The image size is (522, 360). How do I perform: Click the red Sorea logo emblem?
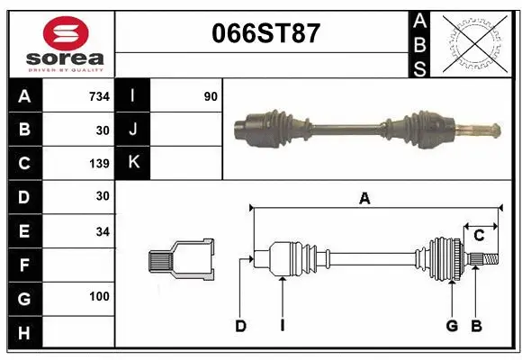click(66, 33)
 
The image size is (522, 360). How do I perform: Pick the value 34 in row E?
click(103, 231)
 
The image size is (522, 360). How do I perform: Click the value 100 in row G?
click(100, 297)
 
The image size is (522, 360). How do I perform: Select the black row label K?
click(134, 163)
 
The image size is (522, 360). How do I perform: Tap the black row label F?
click(24, 265)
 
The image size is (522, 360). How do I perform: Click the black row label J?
click(134, 130)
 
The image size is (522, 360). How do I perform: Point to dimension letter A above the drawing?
click(364, 199)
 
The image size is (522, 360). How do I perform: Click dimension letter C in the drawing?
click(479, 236)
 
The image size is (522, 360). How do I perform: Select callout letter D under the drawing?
click(240, 326)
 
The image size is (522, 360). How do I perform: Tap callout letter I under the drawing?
click(282, 326)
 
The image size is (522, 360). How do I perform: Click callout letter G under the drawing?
click(452, 326)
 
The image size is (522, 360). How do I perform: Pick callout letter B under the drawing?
click(476, 326)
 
